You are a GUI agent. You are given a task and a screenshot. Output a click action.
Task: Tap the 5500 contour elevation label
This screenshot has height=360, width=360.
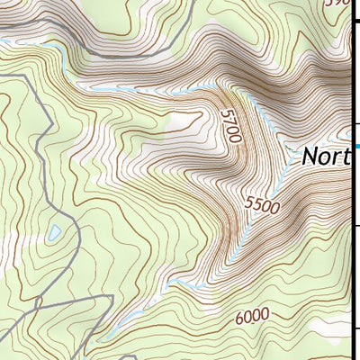point(262,205)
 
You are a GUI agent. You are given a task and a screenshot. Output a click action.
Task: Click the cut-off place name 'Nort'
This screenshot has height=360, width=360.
point(325,157)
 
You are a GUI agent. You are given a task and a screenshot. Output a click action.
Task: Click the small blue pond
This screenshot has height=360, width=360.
point(55,232)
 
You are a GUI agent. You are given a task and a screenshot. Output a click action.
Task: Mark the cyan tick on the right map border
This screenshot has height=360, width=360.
point(356,147)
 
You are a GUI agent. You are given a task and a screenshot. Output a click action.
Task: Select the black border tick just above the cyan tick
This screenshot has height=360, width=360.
point(356,124)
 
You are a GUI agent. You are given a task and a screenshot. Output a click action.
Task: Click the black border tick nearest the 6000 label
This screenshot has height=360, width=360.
point(356,326)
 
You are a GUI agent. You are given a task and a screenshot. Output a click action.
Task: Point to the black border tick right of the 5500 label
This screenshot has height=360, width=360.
point(356,225)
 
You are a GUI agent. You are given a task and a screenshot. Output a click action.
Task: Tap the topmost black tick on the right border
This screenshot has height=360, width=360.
point(356,24)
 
